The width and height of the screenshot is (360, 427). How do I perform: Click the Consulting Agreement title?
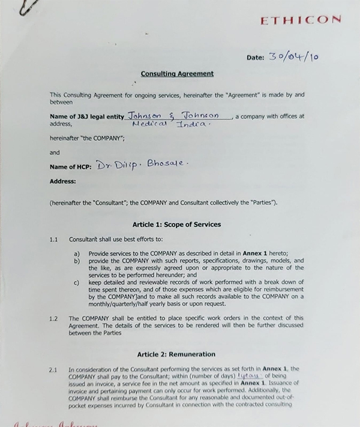point(177,74)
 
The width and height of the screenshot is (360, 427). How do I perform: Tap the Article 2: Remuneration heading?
point(176,354)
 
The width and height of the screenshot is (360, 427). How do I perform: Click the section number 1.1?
point(54,239)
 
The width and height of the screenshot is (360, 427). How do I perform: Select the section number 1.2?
point(54,318)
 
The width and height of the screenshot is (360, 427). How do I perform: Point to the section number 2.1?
point(54,369)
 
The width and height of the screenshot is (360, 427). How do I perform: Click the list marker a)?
point(77,254)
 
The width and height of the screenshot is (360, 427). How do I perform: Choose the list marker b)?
point(77,261)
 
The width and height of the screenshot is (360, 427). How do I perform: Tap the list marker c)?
point(77,281)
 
